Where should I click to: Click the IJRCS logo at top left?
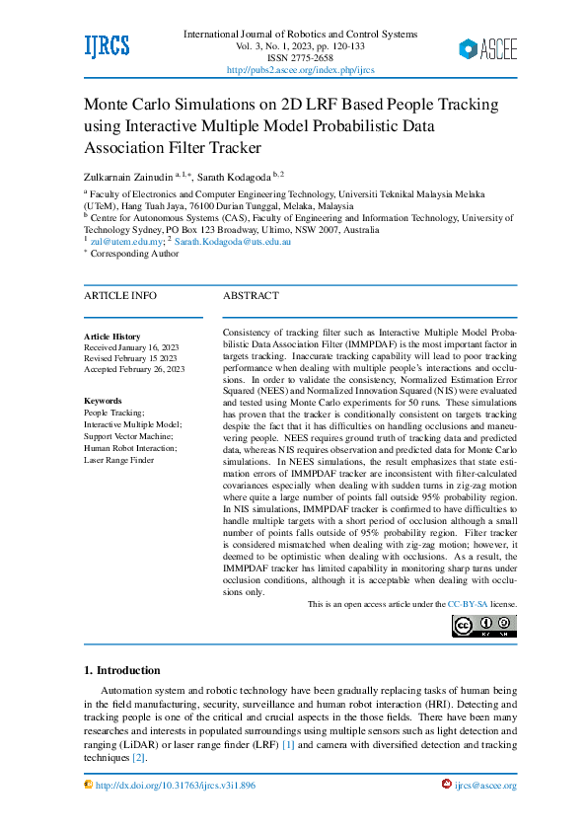(107, 46)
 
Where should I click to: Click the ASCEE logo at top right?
(487, 48)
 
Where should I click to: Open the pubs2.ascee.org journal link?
(300, 70)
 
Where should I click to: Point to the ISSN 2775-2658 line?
(300, 58)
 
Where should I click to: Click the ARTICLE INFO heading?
(119, 295)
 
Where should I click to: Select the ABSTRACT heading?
(251, 295)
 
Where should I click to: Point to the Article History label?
(112, 337)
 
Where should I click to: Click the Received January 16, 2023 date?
(131, 347)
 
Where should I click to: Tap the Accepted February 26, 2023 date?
(134, 369)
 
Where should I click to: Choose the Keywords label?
(103, 401)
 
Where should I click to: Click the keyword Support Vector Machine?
(128, 436)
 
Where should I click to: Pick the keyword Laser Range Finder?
(118, 460)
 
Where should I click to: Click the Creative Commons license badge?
(483, 626)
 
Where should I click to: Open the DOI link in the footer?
(176, 786)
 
